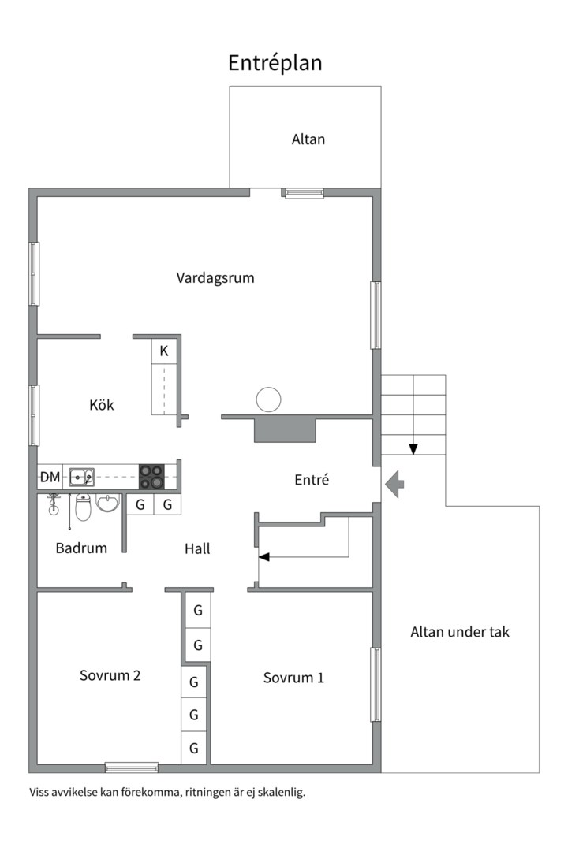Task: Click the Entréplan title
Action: [x=275, y=63]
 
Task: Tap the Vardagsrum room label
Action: [x=215, y=277]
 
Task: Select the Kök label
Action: [x=102, y=405]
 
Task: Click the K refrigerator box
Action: [x=164, y=351]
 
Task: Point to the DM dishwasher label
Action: [x=50, y=477]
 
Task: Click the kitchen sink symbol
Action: [x=82, y=477]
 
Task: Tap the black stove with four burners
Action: [x=152, y=477]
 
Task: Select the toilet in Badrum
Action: [x=83, y=507]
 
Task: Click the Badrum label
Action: [x=81, y=548]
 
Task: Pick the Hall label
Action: [x=197, y=548]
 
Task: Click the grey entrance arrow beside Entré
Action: [x=394, y=483]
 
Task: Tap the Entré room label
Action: [x=312, y=479]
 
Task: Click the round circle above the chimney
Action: [x=268, y=399]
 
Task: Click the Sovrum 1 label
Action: [x=293, y=678]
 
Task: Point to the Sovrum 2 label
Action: [x=110, y=675]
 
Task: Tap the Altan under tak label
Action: [x=460, y=632]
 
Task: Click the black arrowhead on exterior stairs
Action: [x=413, y=450]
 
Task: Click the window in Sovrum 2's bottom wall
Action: [x=132, y=767]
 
